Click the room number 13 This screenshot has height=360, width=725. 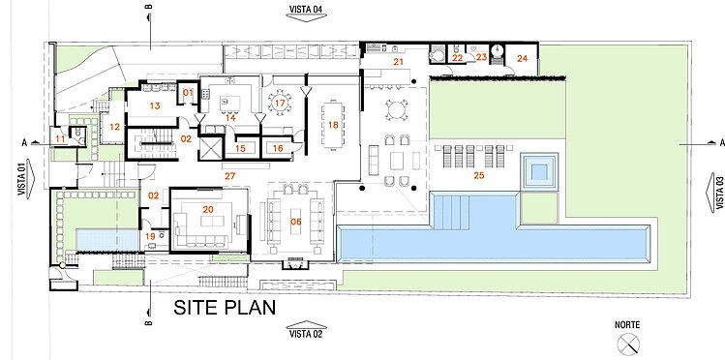coord(155,105)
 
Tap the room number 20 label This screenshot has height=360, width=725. coord(208,209)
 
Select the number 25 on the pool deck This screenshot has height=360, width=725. coord(479,175)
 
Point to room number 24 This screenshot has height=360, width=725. coord(522,58)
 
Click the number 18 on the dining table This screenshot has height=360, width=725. coord(333,124)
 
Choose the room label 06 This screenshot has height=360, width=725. coord(296,222)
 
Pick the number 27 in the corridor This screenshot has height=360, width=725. coord(229,175)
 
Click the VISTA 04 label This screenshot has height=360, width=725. coord(306,9)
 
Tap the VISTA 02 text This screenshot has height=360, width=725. coord(306,334)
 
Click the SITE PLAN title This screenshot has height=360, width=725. coord(225,308)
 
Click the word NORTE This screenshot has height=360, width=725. coord(627,325)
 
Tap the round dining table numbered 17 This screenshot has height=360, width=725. coord(280,103)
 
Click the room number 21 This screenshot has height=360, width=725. coord(399,62)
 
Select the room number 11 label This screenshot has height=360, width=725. coord(61,138)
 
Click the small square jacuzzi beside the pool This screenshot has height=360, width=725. coord(539,171)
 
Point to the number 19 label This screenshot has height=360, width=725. coord(150,236)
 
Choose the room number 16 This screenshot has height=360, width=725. coord(278,148)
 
